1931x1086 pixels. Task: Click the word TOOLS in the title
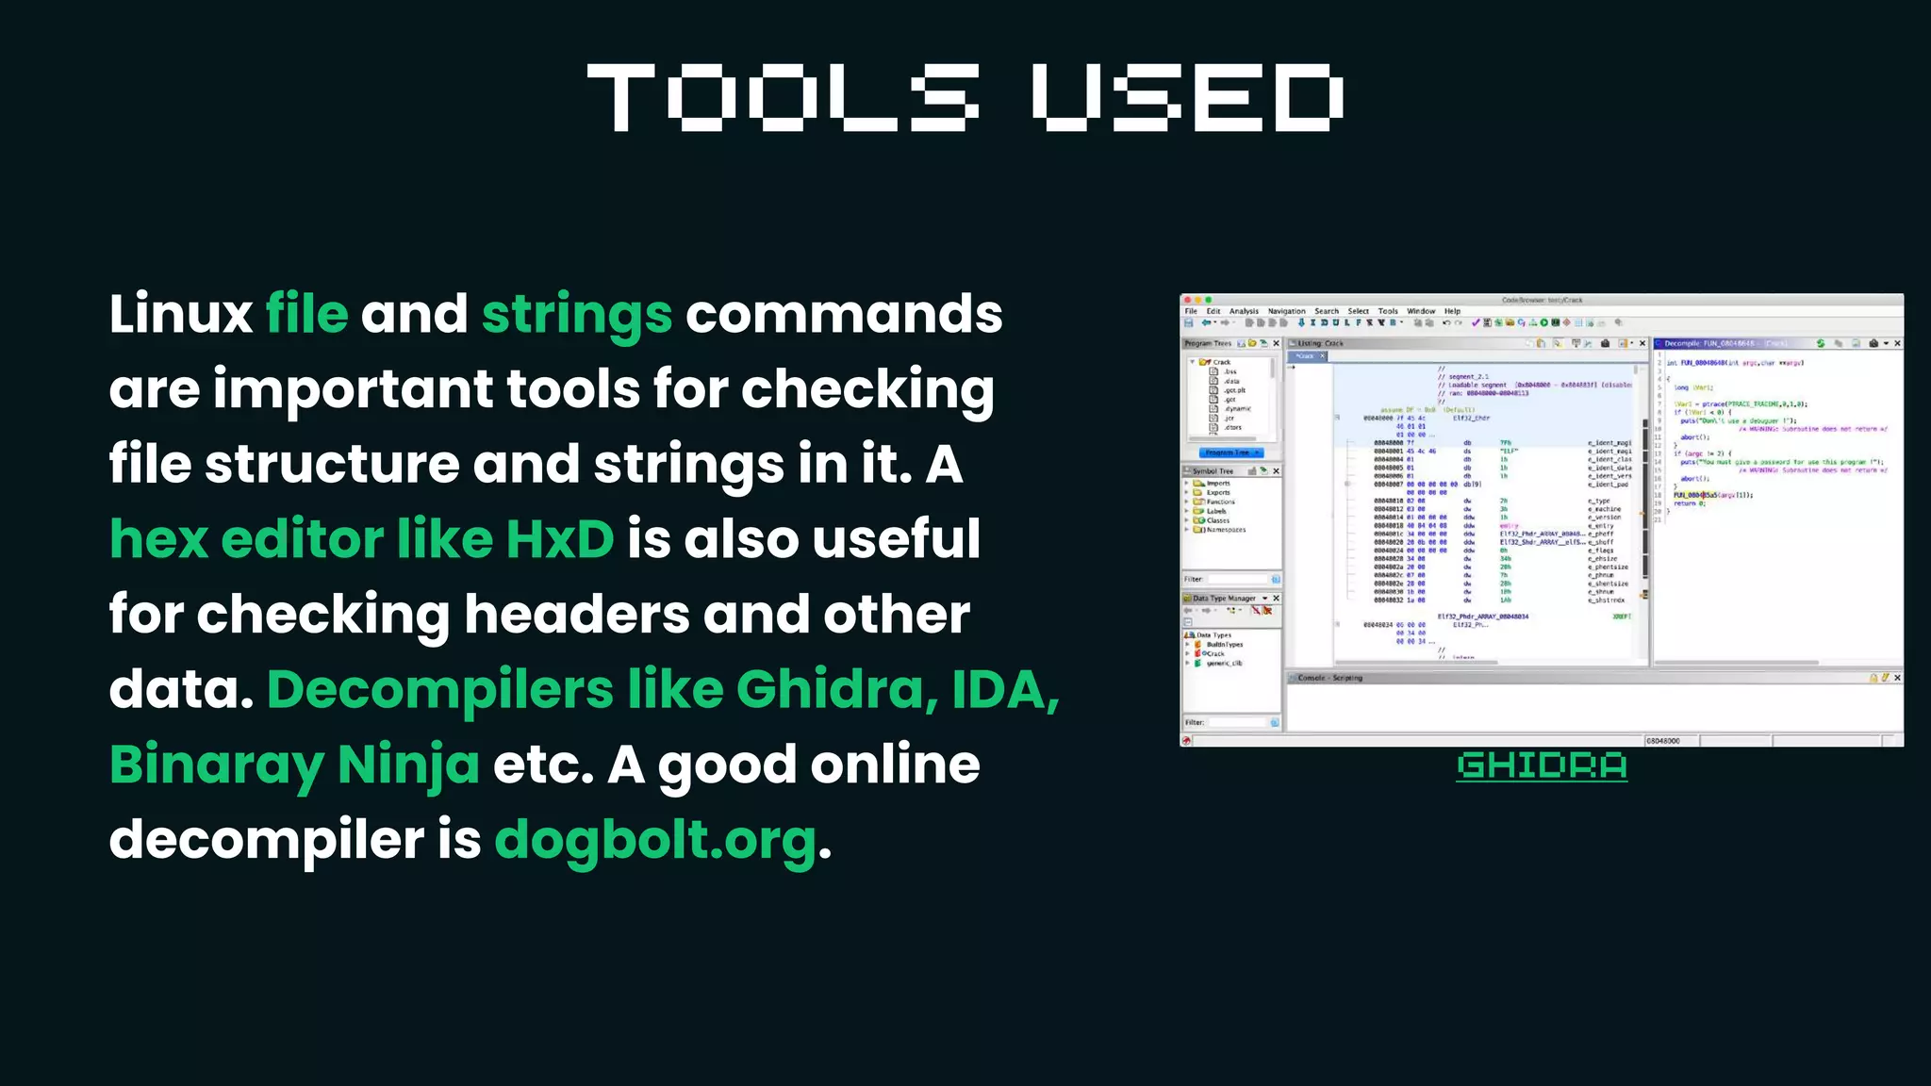(783, 98)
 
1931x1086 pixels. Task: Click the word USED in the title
(1187, 98)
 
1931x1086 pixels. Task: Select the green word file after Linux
(306, 314)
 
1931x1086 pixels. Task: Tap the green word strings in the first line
(577, 316)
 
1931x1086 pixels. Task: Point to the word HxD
(560, 539)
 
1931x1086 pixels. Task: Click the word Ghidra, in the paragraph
(837, 690)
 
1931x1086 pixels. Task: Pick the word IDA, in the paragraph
(1005, 690)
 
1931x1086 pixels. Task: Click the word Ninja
(408, 765)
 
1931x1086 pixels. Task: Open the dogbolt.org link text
(655, 840)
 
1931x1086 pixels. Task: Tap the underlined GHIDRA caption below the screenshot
(1542, 765)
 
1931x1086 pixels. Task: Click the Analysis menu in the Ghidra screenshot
(1244, 311)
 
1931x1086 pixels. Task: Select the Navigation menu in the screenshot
(1286, 311)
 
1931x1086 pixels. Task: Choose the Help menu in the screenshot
(1452, 311)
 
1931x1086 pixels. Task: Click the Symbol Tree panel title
(1213, 470)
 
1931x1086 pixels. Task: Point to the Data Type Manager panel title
(1224, 599)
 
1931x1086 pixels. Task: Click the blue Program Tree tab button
(1231, 452)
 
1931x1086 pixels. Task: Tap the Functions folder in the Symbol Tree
(1220, 502)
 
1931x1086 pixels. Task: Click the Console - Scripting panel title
(1329, 678)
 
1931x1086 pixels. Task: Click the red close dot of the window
(1187, 300)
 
